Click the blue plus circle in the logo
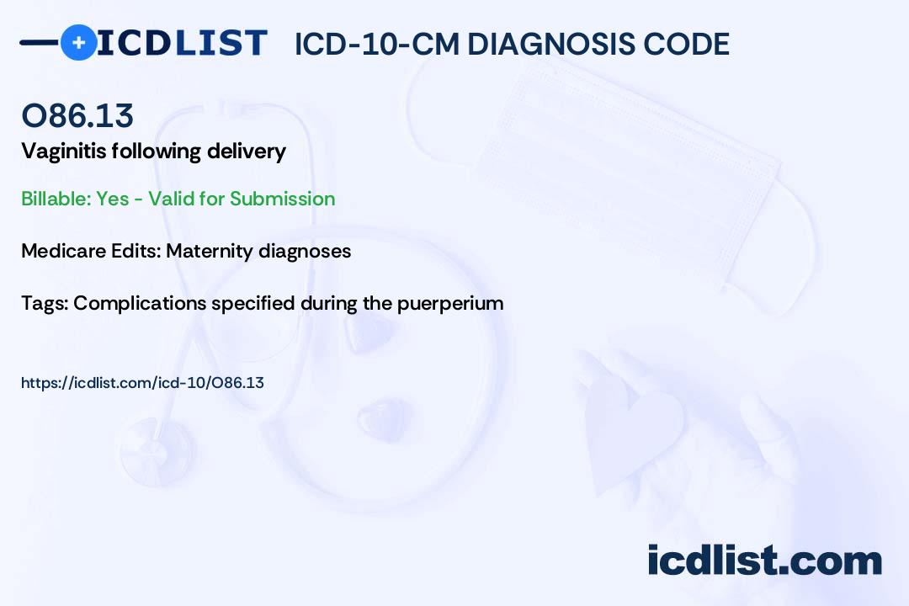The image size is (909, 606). [x=78, y=42]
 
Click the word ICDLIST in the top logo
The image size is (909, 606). [x=182, y=43]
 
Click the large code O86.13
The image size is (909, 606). [x=77, y=115]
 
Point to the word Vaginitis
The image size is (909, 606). [x=63, y=151]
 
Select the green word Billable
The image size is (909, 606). [x=56, y=199]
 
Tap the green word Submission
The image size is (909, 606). [x=282, y=199]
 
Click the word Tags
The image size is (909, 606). [x=45, y=303]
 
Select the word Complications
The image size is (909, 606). [x=140, y=304]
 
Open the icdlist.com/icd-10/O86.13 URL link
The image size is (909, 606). [x=142, y=383]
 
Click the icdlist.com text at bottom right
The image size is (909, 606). [x=764, y=561]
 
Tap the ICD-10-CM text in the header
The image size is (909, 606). [x=377, y=44]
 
